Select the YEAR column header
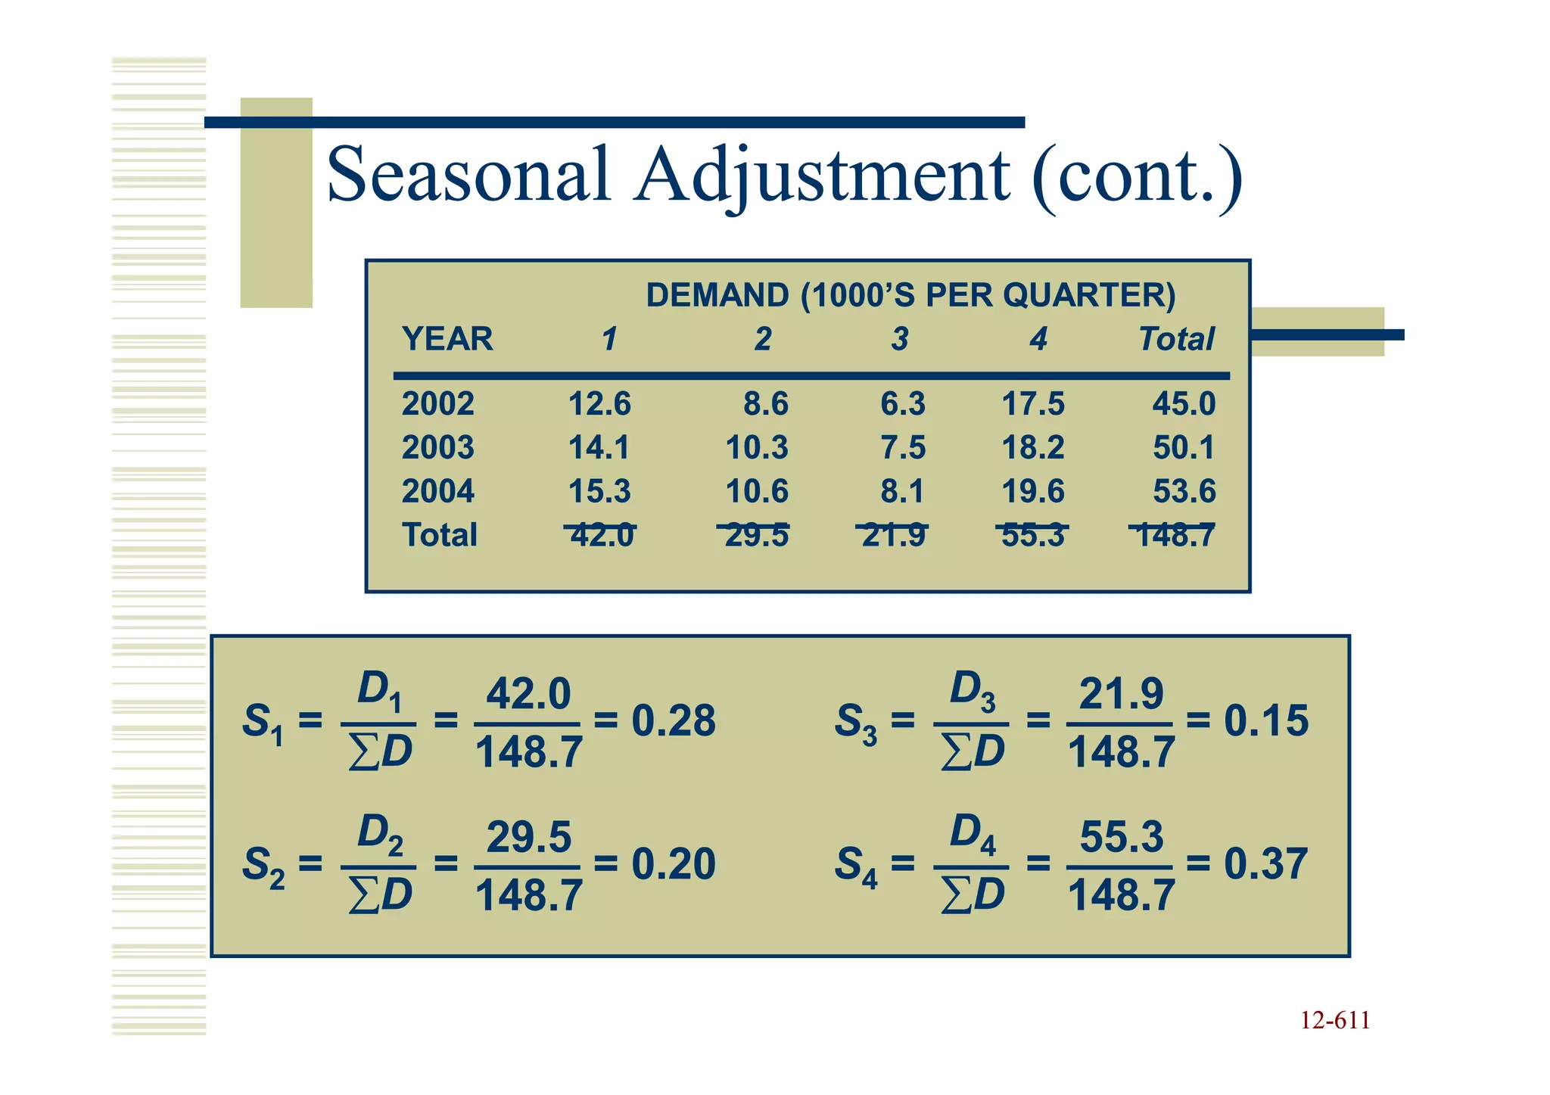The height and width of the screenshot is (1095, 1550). click(447, 339)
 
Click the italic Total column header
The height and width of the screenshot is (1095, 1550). click(1176, 339)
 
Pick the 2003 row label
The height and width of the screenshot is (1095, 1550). click(437, 447)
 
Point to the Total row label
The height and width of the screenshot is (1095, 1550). click(439, 535)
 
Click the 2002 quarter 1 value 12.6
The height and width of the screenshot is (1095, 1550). click(599, 404)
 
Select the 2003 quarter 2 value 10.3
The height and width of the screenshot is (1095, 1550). click(757, 447)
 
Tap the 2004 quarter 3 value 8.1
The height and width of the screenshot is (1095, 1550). click(902, 491)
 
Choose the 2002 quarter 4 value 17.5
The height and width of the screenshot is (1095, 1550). click(1033, 404)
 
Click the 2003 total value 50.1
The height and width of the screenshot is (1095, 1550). click(1184, 447)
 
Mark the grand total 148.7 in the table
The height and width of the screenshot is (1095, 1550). click(1176, 535)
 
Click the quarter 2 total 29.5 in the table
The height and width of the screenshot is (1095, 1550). click(757, 535)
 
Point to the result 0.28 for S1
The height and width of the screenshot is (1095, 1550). click(674, 720)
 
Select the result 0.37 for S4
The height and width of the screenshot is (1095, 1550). click(1265, 864)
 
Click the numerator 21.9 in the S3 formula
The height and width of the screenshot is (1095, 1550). click(1121, 693)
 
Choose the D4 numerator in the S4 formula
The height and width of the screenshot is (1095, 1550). click(973, 833)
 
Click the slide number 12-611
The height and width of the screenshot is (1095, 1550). click(1335, 1021)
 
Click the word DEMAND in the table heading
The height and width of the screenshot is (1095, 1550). click(717, 295)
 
